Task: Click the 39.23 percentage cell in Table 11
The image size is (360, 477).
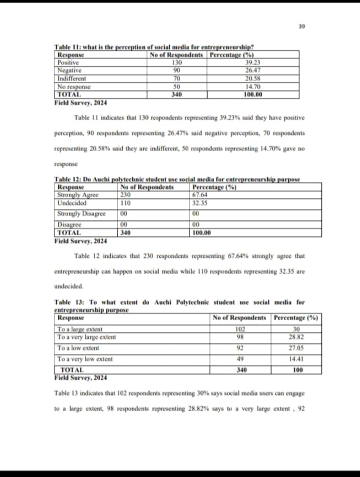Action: (x=252, y=63)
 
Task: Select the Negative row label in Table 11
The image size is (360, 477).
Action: (x=70, y=71)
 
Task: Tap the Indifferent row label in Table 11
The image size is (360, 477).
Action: (x=73, y=78)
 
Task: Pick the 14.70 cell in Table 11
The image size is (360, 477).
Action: (x=252, y=87)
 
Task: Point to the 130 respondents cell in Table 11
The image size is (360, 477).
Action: (x=177, y=63)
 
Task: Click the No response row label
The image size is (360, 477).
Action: (x=74, y=87)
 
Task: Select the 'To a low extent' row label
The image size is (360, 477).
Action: (x=78, y=348)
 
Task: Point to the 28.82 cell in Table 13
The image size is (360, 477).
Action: (x=297, y=337)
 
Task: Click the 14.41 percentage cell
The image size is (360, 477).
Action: (x=297, y=359)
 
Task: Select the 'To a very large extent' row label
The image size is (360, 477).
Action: (x=87, y=337)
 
